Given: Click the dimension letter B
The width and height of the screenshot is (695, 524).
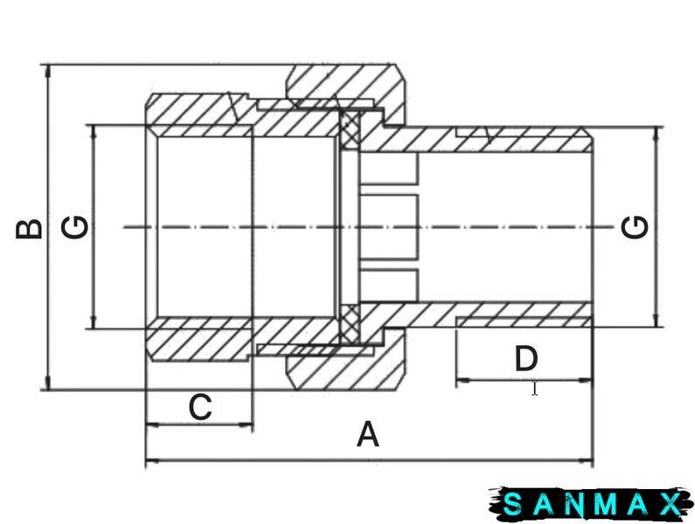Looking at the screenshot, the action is (29, 229).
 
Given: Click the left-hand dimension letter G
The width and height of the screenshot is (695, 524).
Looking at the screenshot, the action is (74, 227).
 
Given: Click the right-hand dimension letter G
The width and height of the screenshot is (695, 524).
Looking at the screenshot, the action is (635, 227).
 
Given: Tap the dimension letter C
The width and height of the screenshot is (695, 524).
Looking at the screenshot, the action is (200, 407).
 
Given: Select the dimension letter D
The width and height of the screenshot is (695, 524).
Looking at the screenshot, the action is (526, 359).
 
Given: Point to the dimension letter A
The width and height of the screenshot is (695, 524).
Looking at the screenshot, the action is (368, 435).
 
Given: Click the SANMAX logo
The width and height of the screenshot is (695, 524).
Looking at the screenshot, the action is (591, 504).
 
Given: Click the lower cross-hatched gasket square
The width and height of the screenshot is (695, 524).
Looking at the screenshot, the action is (350, 325).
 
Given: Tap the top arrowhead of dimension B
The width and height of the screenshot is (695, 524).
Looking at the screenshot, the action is (48, 72).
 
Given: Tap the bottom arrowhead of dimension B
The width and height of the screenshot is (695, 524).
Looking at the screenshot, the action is (48, 383).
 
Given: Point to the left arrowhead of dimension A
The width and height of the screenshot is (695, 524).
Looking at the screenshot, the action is (152, 461).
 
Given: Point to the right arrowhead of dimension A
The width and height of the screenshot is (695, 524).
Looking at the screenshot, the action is (586, 461).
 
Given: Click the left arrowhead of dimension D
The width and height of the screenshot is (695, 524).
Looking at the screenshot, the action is (463, 380).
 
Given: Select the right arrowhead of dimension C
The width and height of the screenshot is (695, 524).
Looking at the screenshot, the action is (246, 424).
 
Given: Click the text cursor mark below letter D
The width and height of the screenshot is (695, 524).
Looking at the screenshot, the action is (535, 389).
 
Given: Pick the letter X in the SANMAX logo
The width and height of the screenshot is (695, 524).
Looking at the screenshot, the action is (670, 504).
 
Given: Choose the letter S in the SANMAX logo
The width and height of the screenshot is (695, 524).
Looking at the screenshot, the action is (512, 504).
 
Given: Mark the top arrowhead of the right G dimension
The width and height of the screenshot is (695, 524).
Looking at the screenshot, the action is (657, 134).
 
